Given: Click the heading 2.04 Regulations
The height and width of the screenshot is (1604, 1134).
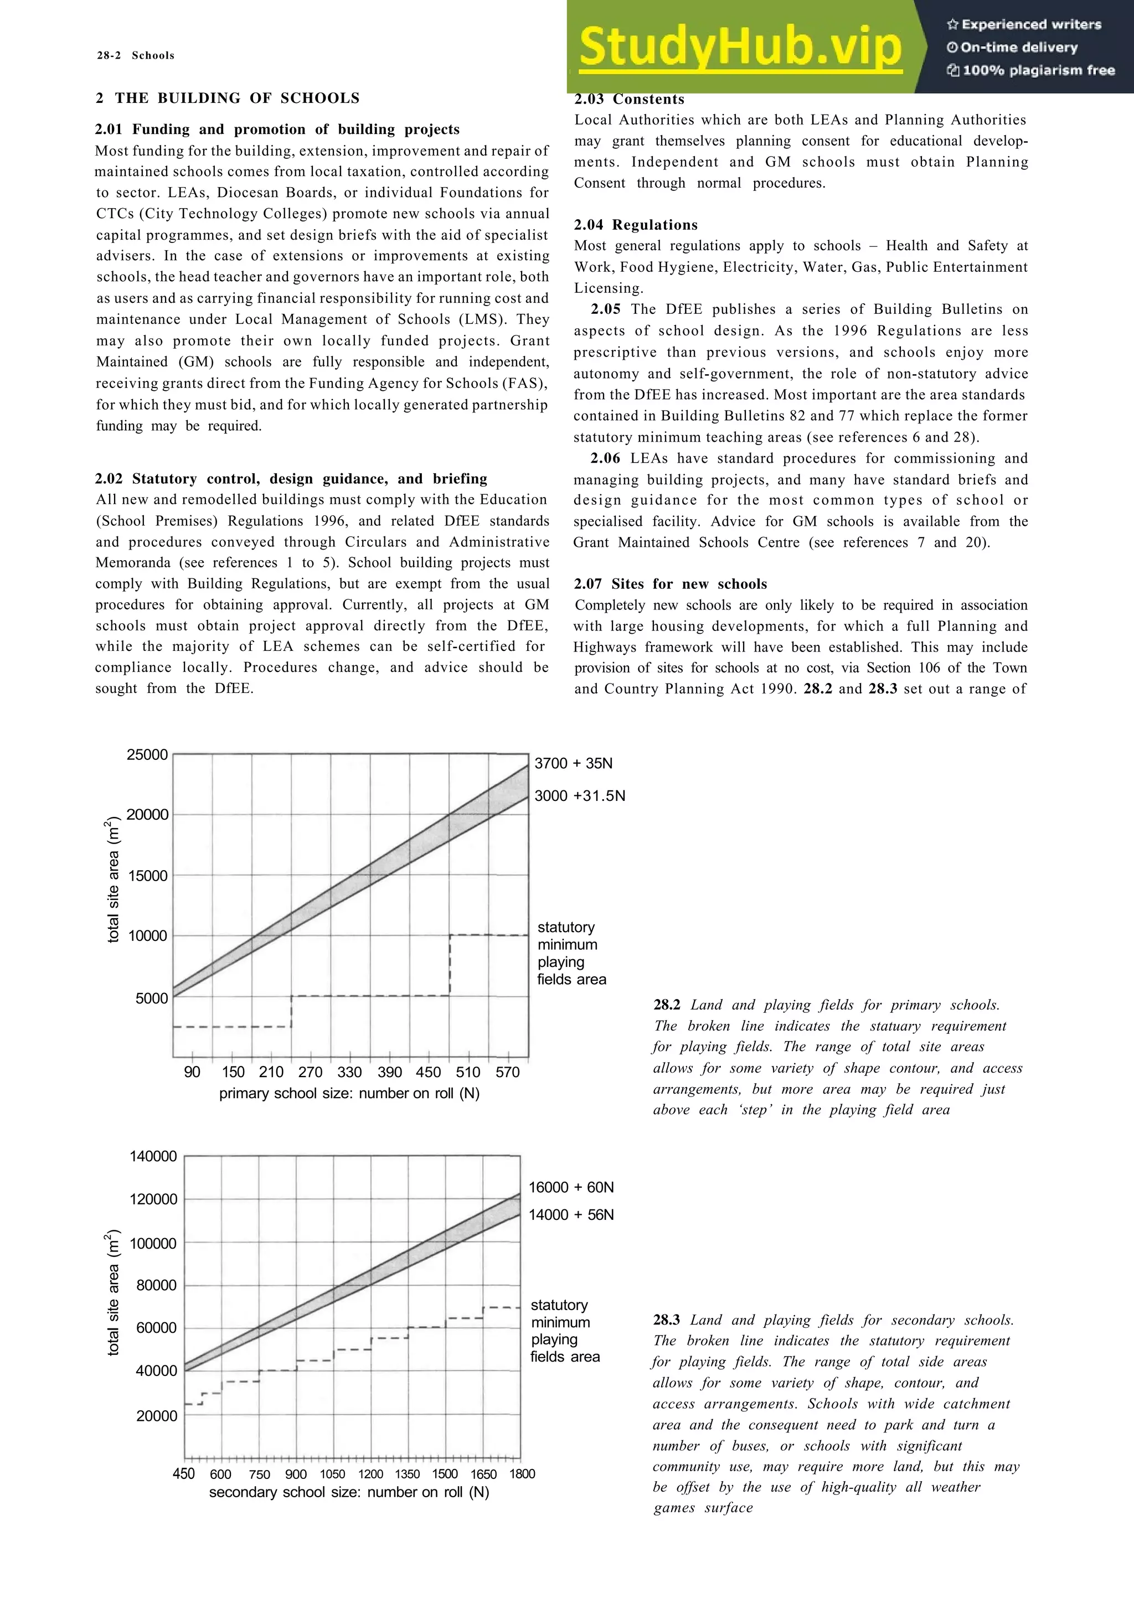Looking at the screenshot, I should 635,225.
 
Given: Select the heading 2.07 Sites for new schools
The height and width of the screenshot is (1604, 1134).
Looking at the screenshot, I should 670,584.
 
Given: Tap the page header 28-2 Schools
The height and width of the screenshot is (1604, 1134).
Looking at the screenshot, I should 136,56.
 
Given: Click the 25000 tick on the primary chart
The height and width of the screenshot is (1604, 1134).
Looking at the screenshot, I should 147,754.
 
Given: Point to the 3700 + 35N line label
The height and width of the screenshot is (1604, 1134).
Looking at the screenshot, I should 573,764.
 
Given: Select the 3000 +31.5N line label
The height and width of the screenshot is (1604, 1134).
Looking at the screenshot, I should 579,796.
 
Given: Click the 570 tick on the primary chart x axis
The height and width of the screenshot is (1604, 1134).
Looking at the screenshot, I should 507,1072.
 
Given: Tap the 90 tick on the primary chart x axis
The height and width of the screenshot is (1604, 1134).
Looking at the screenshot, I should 192,1072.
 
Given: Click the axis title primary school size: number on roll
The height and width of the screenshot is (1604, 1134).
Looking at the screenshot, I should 349,1093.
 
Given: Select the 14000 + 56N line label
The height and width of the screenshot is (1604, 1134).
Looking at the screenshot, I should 571,1214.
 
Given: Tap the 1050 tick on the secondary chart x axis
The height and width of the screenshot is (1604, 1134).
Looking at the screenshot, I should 333,1474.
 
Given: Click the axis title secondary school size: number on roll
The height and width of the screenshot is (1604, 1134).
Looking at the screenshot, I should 349,1492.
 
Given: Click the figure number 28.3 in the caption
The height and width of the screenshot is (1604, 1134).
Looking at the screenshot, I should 667,1320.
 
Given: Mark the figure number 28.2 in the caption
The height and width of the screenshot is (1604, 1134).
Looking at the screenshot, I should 667,1005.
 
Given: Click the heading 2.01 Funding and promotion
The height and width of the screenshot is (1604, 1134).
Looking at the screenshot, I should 277,130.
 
